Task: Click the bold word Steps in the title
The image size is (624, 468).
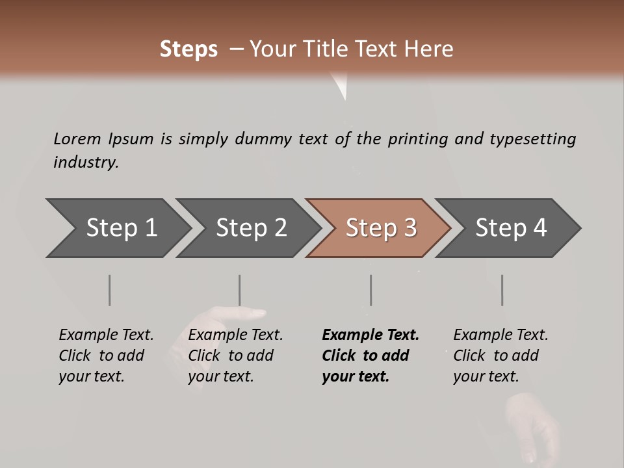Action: [x=188, y=49]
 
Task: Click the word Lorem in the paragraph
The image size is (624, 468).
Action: [x=77, y=138]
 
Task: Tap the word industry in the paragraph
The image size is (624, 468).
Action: [x=86, y=162]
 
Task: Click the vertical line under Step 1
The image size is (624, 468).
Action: [x=110, y=290]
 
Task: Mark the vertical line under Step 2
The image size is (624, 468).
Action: [x=240, y=290]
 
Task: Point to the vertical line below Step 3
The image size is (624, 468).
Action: [x=371, y=290]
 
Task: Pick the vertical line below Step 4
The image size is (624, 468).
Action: [x=502, y=290]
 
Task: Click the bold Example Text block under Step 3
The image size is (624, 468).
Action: [x=370, y=356]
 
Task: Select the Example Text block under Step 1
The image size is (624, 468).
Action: [x=106, y=356]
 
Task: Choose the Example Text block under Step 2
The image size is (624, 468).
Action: [x=235, y=356]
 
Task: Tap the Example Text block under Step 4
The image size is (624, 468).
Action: [x=500, y=356]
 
